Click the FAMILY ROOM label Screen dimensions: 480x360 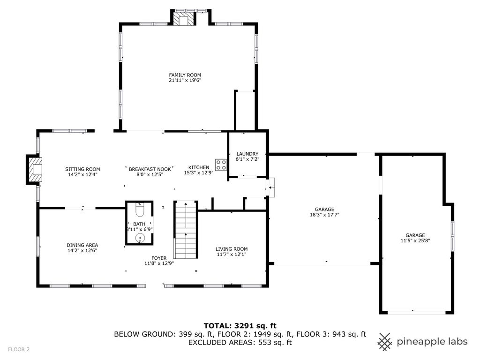pyautogui.click(x=185, y=75)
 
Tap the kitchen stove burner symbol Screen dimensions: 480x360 pyautogui.click(x=221, y=165)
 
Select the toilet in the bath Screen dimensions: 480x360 pyautogui.click(x=140, y=210)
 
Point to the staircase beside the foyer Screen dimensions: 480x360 pyautogui.click(x=185, y=230)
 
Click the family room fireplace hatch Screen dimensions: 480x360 pyautogui.click(x=184, y=18)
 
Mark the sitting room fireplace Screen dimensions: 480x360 pyautogui.click(x=35, y=170)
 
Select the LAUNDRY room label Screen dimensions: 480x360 pyautogui.click(x=247, y=154)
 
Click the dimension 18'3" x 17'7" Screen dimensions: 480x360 pyautogui.click(x=324, y=215)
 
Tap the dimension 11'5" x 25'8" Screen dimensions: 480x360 pyautogui.click(x=415, y=240)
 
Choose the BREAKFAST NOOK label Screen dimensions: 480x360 pyautogui.click(x=150, y=169)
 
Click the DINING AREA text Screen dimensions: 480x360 pyautogui.click(x=82, y=245)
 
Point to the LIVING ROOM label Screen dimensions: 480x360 pyautogui.click(x=232, y=249)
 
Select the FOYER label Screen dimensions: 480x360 pyautogui.click(x=159, y=258)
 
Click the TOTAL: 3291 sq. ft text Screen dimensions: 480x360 pyautogui.click(x=240, y=326)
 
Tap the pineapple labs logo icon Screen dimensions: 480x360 pyautogui.click(x=385, y=342)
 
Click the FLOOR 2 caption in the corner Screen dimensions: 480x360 pyautogui.click(x=19, y=349)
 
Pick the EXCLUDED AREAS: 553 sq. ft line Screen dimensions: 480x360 pyautogui.click(x=240, y=342)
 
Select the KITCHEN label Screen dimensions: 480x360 pyautogui.click(x=199, y=167)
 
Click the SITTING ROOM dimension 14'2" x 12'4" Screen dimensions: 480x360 pyautogui.click(x=82, y=175)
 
